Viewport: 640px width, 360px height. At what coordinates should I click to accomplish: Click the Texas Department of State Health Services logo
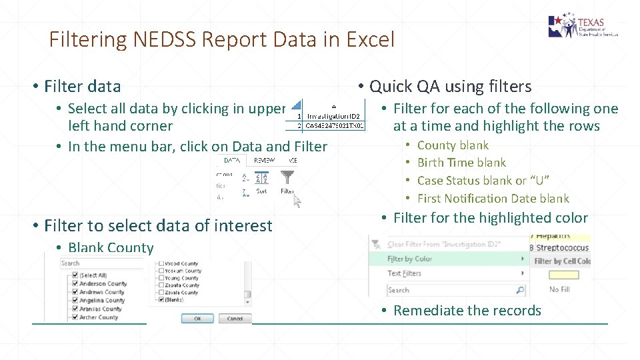pos(583,27)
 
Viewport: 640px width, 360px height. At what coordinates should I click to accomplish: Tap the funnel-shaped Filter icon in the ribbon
pos(287,178)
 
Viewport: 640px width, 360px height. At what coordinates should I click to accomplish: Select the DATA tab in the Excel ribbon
pos(232,161)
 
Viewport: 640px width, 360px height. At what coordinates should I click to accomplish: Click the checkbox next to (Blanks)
pos(160,300)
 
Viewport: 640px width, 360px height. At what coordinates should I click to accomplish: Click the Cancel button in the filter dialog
pos(235,319)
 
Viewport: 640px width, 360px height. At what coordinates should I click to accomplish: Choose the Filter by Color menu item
pos(410,259)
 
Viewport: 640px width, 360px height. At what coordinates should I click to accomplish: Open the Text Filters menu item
pos(405,273)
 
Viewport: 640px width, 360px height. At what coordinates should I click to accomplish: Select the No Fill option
pos(559,289)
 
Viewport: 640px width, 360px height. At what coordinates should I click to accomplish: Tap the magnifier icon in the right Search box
pos(520,290)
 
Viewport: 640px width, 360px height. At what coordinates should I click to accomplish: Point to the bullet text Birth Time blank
pos(461,163)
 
